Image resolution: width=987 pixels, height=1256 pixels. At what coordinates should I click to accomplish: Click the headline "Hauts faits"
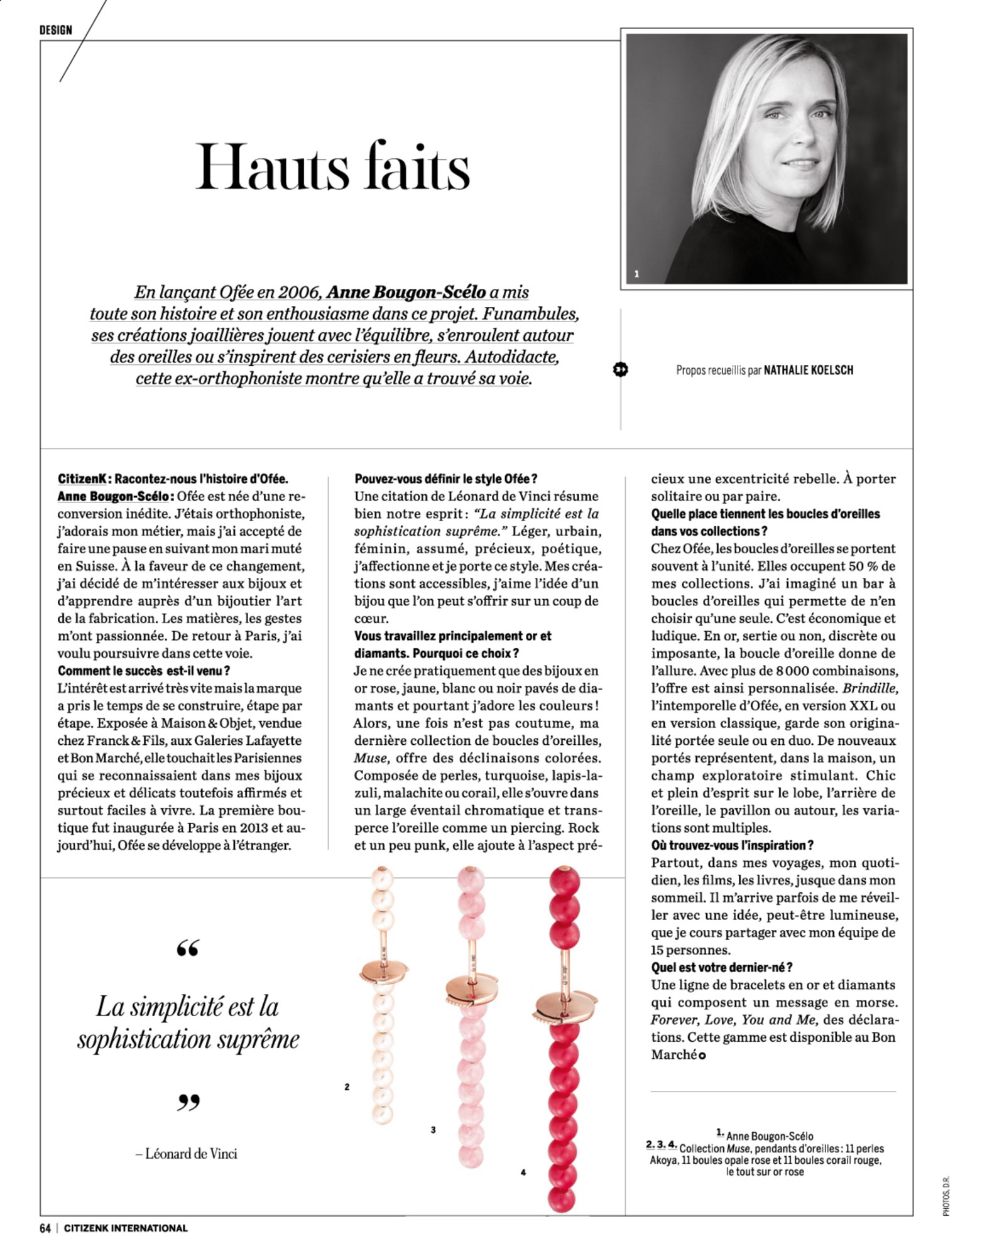(x=332, y=167)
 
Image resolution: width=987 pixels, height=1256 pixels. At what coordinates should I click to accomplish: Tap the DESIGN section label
(x=55, y=30)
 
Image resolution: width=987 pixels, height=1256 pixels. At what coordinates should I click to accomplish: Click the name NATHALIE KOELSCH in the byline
(x=808, y=370)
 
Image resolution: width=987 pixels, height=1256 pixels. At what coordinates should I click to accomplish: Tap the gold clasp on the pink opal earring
(x=471, y=989)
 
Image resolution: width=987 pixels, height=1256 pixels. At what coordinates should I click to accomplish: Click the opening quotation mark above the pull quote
(x=188, y=948)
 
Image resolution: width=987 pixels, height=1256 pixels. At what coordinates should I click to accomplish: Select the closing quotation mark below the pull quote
(x=188, y=1102)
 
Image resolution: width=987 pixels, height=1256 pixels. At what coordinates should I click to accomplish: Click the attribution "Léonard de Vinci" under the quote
(x=191, y=1154)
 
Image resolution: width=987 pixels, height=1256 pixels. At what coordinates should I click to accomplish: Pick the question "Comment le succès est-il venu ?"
(x=144, y=671)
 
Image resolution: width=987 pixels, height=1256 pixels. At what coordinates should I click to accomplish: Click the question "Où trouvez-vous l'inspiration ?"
(x=733, y=845)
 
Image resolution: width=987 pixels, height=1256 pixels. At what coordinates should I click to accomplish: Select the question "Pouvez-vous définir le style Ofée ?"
(x=446, y=479)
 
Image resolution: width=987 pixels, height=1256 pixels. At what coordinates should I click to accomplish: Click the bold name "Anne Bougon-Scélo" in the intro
(x=406, y=292)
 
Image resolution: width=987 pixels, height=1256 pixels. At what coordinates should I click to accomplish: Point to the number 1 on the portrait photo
(x=636, y=274)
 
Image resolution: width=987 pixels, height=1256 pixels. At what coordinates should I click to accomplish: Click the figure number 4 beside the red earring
(x=523, y=1172)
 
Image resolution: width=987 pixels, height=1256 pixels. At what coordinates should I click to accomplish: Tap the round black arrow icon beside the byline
(x=620, y=370)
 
